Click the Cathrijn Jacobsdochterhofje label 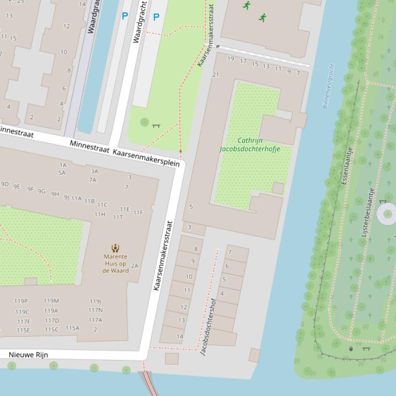[x=249, y=145]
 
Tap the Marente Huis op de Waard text [x=115, y=263]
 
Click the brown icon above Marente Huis [x=115, y=249]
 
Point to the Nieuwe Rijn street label [x=28, y=355]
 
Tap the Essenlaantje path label [x=347, y=166]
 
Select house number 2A [x=135, y=266]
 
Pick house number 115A [x=73, y=328]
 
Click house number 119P [x=21, y=301]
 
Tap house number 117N [x=95, y=310]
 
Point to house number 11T [x=118, y=217]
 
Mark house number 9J [x=66, y=197]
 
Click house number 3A [x=94, y=171]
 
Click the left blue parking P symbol [x=125, y=16]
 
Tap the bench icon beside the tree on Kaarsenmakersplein [x=157, y=125]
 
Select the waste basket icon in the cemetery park [x=351, y=349]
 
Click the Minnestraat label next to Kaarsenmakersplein [x=90, y=147]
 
